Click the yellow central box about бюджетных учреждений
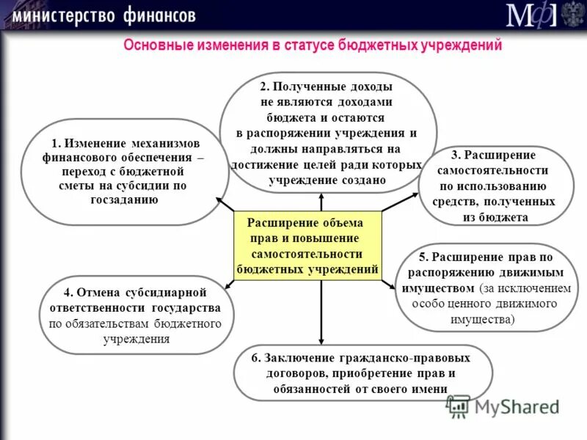coord(307,246)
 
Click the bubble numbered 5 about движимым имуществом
coord(486,287)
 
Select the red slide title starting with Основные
coord(312,45)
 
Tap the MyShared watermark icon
coord(458,406)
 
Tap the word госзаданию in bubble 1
coord(122,199)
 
